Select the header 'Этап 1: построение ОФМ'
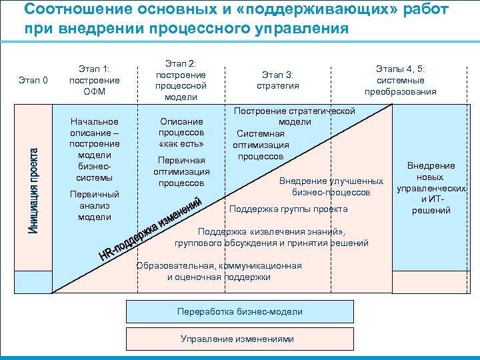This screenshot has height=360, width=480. [x=94, y=80]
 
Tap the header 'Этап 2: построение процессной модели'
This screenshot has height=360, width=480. [x=181, y=80]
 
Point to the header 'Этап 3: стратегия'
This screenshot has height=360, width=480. [x=278, y=80]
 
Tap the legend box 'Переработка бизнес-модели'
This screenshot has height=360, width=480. [x=240, y=311]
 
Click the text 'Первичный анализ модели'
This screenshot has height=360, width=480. [x=94, y=206]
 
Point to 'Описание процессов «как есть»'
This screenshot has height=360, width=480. [x=181, y=133]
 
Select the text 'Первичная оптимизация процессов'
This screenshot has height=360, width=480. [x=181, y=171]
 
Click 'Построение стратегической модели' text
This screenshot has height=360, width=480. [x=294, y=116]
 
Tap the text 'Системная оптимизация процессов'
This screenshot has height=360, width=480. [x=261, y=145]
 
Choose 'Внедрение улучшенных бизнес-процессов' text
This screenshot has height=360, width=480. [x=331, y=187]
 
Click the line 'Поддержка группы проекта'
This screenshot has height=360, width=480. [x=288, y=209]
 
